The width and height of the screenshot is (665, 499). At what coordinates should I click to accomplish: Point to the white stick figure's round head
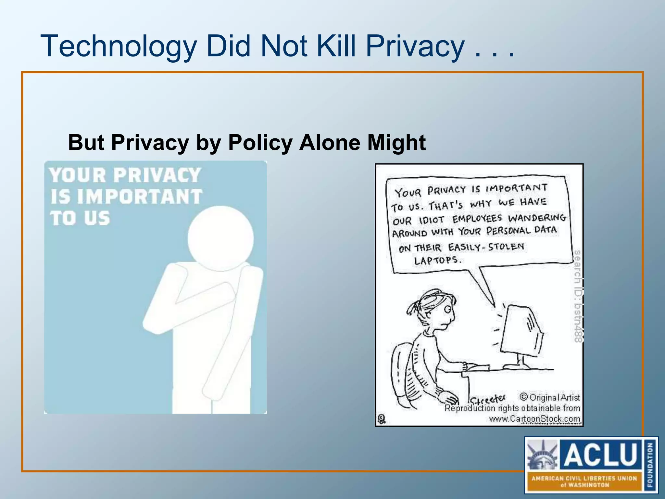pyautogui.click(x=220, y=238)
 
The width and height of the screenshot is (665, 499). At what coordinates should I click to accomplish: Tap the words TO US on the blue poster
pyautogui.click(x=80, y=218)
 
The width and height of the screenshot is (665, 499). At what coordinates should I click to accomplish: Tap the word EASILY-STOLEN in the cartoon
pyautogui.click(x=486, y=247)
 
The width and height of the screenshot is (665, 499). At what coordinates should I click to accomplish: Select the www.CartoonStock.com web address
pyautogui.click(x=534, y=419)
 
